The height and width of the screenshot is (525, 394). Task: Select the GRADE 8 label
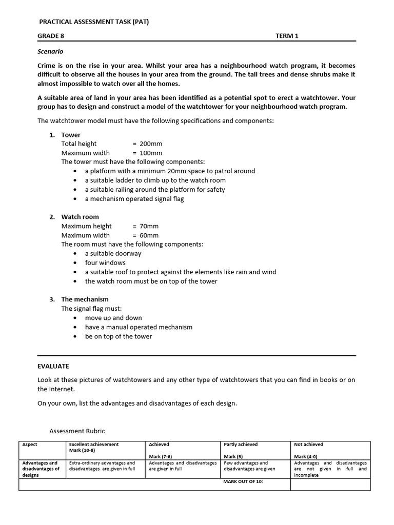pyautogui.click(x=51, y=36)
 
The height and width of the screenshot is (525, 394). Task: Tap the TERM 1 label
pyautogui.click(x=286, y=36)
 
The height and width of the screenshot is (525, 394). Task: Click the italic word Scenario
pyautogui.click(x=50, y=51)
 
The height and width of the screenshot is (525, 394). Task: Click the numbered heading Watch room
pyautogui.click(x=80, y=217)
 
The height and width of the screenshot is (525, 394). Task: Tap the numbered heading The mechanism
pyautogui.click(x=85, y=299)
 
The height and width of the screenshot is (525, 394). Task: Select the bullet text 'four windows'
pyautogui.click(x=105, y=263)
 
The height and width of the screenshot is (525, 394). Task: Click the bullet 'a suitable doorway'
pyautogui.click(x=113, y=254)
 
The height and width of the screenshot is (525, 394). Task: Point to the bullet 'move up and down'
pyautogui.click(x=113, y=318)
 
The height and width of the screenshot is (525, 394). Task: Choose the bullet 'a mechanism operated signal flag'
pyautogui.click(x=134, y=199)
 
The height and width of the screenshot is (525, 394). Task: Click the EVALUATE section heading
pyautogui.click(x=53, y=366)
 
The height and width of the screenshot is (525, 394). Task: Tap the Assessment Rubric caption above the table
pyautogui.click(x=76, y=431)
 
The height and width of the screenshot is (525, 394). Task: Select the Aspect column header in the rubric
pyautogui.click(x=30, y=445)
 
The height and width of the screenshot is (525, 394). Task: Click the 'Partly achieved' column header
pyautogui.click(x=241, y=445)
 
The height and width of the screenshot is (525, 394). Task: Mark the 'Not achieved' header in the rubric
pyautogui.click(x=308, y=445)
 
